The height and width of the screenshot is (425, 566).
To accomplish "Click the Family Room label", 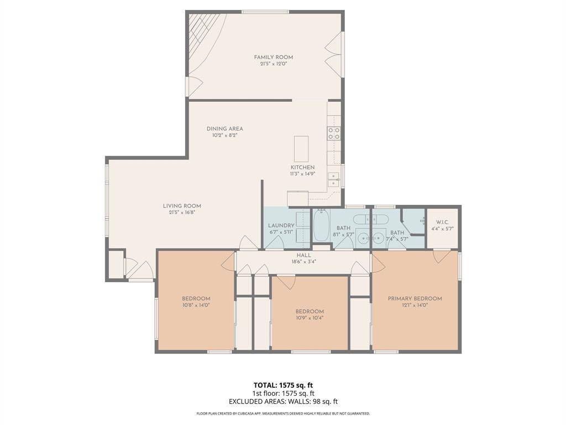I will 273,57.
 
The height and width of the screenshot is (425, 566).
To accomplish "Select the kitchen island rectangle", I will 301,148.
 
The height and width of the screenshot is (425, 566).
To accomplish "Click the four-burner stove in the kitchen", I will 333,133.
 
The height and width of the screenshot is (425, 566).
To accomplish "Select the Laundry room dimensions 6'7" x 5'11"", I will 281,232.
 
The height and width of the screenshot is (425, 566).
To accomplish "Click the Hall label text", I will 303,255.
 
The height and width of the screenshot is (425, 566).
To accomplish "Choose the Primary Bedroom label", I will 415,299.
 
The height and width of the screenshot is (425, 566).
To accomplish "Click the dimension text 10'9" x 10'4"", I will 309,318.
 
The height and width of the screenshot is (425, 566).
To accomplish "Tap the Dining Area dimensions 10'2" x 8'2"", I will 224,135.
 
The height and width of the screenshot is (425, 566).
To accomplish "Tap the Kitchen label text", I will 302,167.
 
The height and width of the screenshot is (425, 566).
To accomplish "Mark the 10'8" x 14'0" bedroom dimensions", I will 196,305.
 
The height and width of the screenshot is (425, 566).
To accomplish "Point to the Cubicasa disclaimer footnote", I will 283,413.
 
